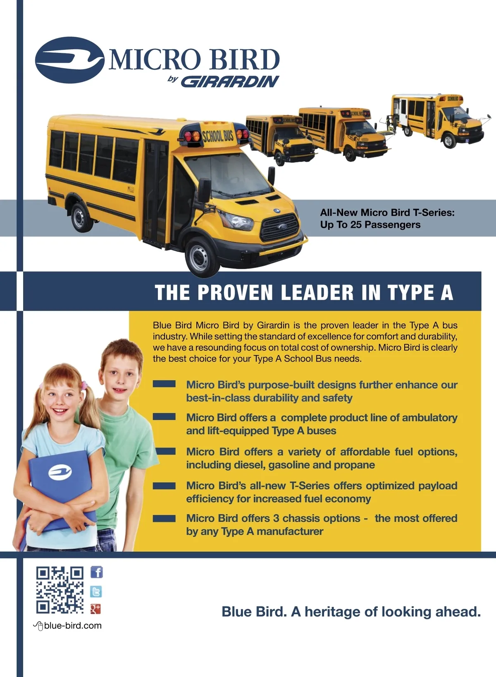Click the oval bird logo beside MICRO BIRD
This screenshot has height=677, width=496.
click(70, 60)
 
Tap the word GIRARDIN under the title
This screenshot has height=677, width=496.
click(230, 81)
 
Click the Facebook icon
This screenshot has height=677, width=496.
click(96, 572)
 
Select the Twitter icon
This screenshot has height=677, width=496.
click(96, 591)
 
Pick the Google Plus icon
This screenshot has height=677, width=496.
click(95, 609)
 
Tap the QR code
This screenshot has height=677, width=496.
click(60, 590)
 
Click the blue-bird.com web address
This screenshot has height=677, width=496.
click(73, 626)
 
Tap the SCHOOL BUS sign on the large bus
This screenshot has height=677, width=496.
click(218, 136)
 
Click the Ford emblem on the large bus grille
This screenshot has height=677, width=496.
click(283, 226)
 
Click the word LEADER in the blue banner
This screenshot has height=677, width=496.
click(317, 293)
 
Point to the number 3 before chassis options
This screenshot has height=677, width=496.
click(276, 518)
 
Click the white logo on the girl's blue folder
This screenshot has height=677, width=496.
click(60, 472)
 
